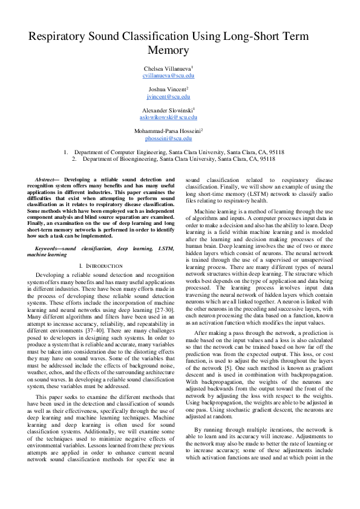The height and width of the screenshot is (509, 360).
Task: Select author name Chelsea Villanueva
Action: pyautogui.click(x=167, y=69)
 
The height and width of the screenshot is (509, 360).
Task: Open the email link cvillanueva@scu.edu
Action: pyautogui.click(x=168, y=76)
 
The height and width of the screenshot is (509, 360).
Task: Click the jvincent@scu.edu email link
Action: pyautogui.click(x=168, y=96)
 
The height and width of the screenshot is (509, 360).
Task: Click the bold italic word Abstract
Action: pyautogui.click(x=45, y=180)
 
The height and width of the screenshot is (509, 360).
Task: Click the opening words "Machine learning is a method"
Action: pyautogui.click(x=230, y=211)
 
